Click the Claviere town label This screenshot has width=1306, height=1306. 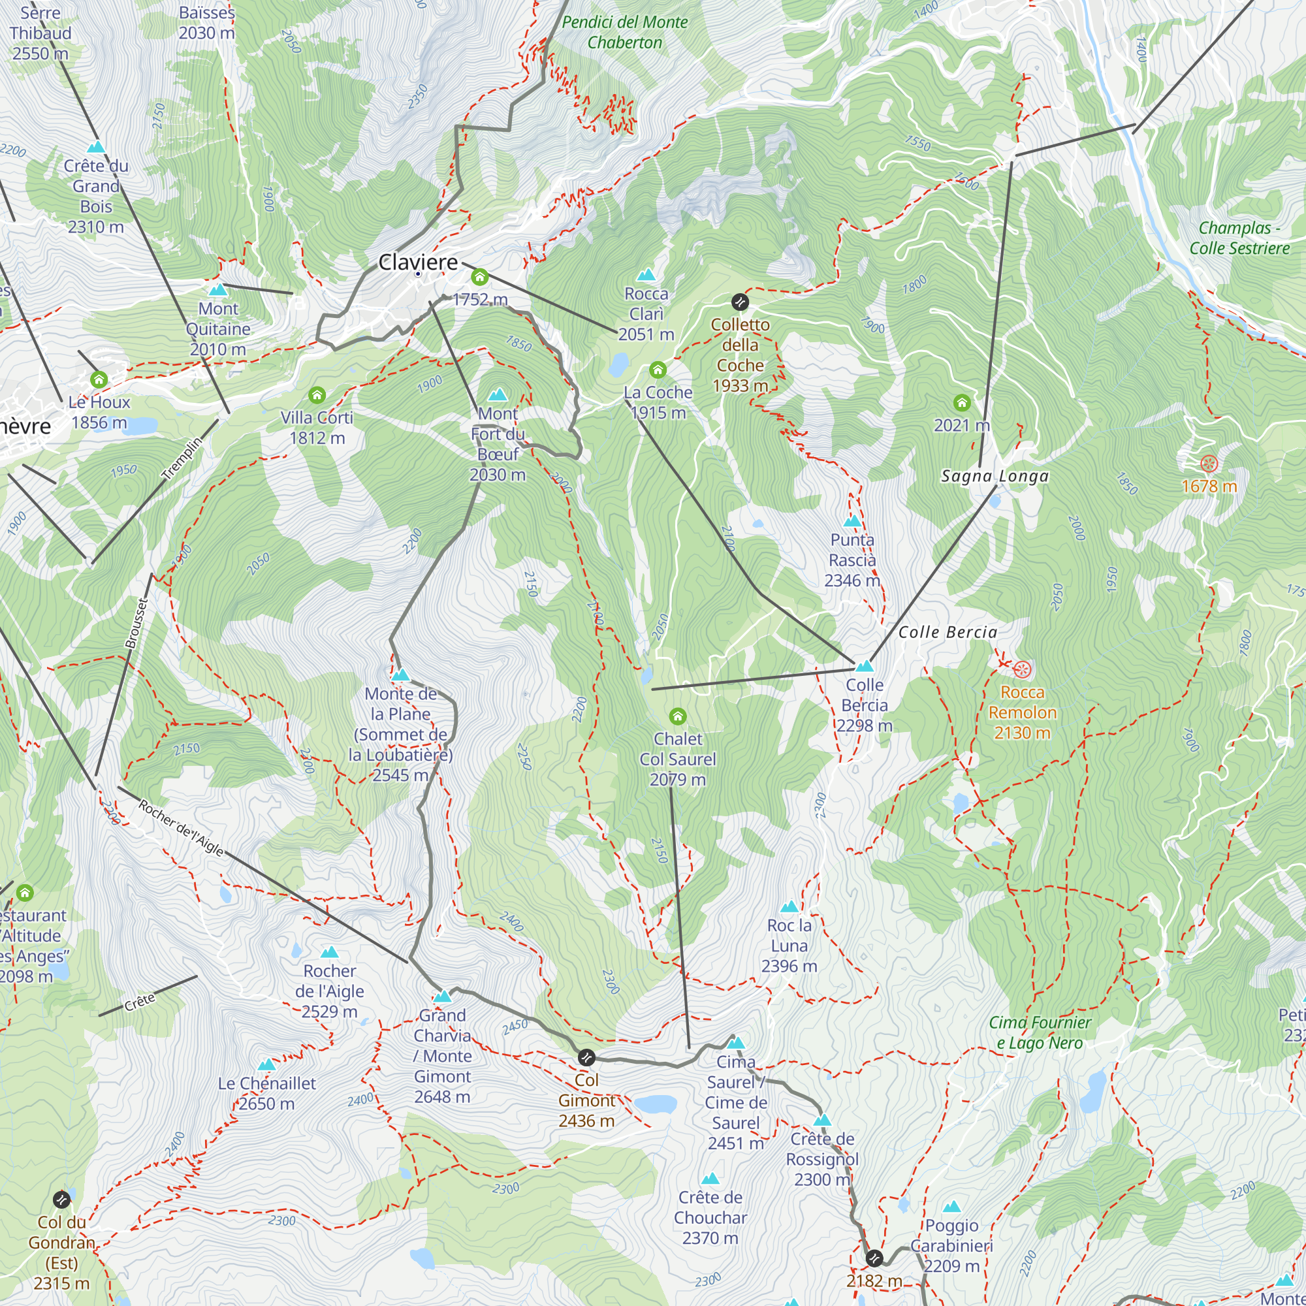pos(418,262)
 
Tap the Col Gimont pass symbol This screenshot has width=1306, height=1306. pos(586,1057)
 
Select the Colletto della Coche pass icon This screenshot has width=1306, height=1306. pos(740,302)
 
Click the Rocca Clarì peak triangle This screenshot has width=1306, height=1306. pos(646,274)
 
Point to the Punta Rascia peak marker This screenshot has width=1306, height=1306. pos(852,520)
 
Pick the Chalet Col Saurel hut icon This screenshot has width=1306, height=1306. pos(677,716)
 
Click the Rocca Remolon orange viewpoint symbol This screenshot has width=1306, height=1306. pos(1022,670)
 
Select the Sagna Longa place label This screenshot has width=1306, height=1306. pos(995,476)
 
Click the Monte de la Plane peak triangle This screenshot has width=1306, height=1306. pos(400,675)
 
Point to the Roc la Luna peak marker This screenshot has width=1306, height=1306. pos(789,906)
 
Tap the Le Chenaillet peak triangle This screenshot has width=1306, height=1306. pos(266,1064)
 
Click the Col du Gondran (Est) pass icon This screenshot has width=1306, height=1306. pos(61,1199)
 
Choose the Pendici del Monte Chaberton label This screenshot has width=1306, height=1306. pos(625,32)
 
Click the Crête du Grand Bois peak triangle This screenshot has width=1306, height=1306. pos(96,147)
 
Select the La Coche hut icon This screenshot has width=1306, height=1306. pos(657,369)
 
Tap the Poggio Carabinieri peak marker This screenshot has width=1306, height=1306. pos(951,1207)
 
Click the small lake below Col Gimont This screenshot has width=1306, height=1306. pos(654,1104)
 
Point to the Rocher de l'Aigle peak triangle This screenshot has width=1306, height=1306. pos(329,953)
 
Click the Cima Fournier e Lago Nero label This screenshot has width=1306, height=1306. pos(1040,1032)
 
